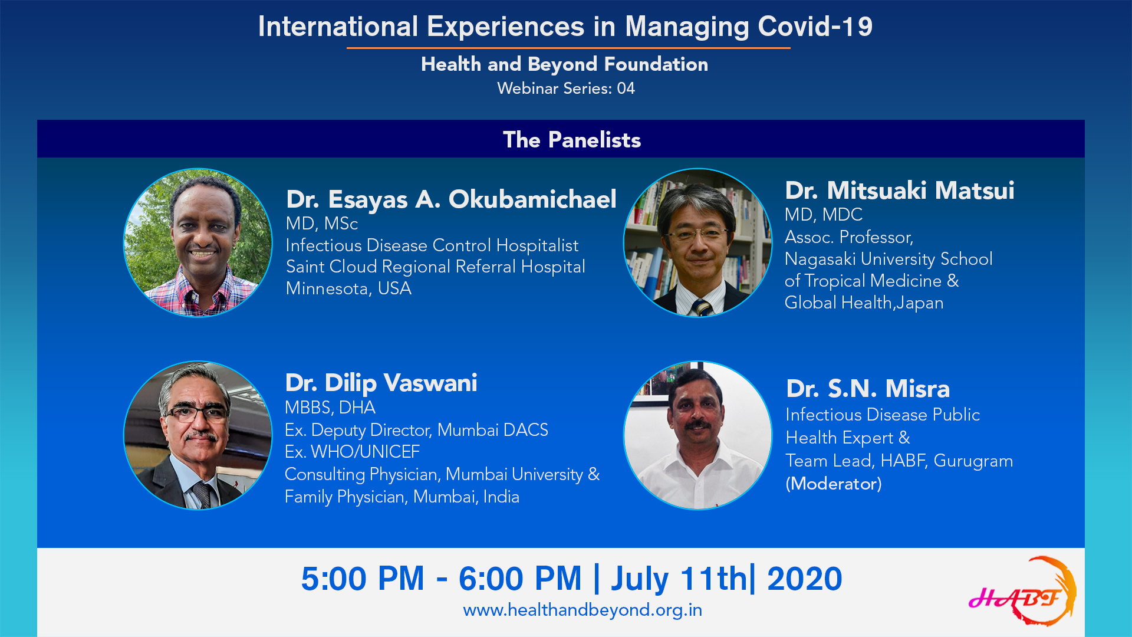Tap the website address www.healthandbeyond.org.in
[583, 610]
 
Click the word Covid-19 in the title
[815, 27]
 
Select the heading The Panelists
[572, 140]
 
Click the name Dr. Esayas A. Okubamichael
[451, 199]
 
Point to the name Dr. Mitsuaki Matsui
[900, 191]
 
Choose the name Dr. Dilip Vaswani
[381, 383]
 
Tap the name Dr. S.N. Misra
[868, 389]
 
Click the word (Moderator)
[834, 484]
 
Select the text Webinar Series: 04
[566, 88]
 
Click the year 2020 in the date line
[805, 579]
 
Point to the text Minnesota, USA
[348, 288]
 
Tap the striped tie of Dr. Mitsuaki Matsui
[702, 308]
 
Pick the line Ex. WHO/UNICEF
[352, 452]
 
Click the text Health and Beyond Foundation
[565, 64]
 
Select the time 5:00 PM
[363, 579]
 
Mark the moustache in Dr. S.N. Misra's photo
[698, 424]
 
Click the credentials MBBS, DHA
[330, 408]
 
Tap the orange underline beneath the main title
[568, 48]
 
